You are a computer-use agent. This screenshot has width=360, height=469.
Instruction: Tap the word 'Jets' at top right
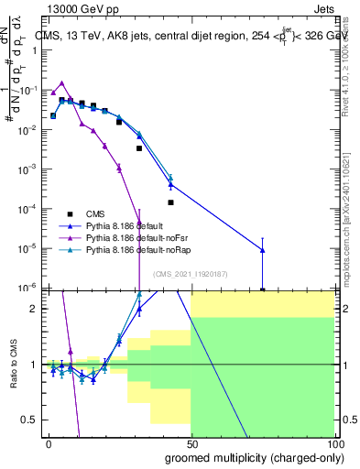pyautogui.click(x=326, y=8)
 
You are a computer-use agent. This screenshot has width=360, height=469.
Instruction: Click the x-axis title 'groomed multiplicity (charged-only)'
pyautogui.click(x=251, y=457)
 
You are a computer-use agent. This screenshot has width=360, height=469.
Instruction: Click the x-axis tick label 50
pyautogui.click(x=192, y=444)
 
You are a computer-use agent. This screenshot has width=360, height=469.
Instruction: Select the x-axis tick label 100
pyautogui.click(x=334, y=444)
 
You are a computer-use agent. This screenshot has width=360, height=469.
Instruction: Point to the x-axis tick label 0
pyautogui.click(x=49, y=444)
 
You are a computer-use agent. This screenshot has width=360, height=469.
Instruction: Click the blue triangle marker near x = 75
pyautogui.click(x=263, y=249)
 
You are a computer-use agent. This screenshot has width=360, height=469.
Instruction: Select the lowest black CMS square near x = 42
pyautogui.click(x=170, y=202)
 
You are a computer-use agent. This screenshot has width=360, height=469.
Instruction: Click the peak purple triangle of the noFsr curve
pyautogui.click(x=61, y=82)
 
